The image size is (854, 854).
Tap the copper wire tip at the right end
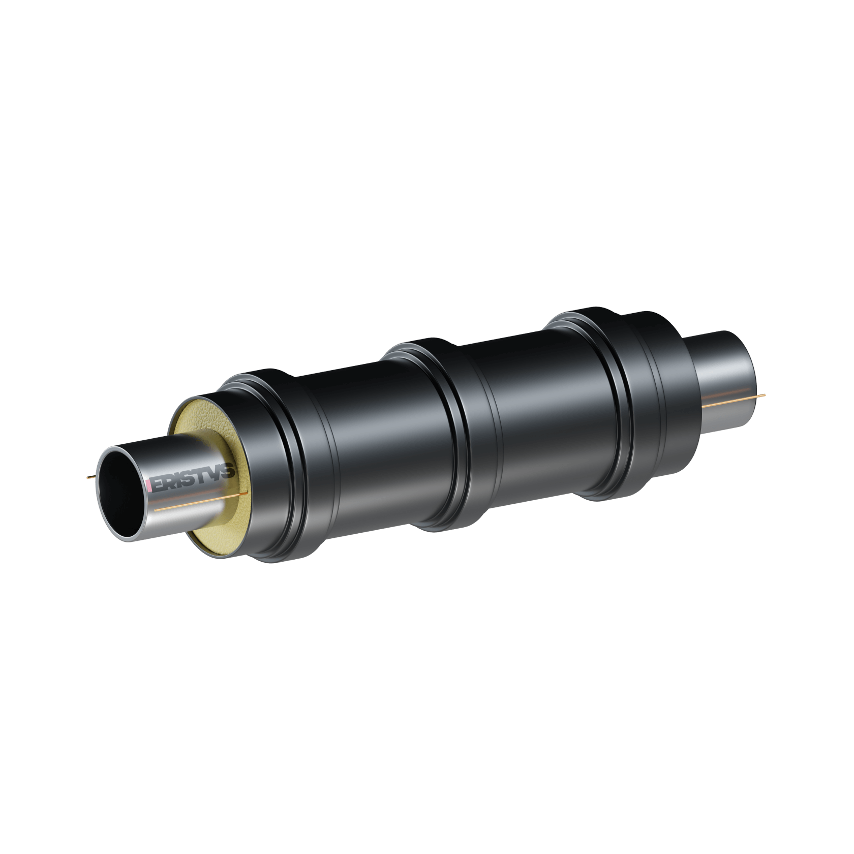(x=765, y=395)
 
